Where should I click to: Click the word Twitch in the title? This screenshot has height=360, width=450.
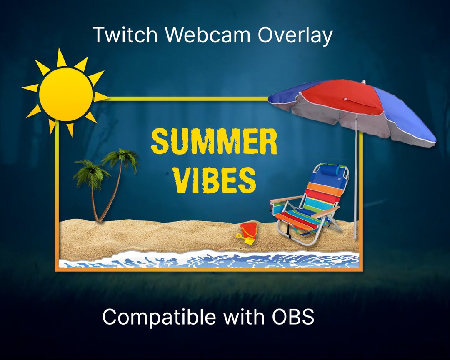coord(125,35)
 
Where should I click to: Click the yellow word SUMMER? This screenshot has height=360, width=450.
coord(214,142)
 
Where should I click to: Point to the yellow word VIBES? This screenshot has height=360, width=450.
coord(214,180)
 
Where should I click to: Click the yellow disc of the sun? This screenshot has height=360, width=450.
coord(66,95)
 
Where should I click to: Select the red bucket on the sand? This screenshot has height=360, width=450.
coord(249,230)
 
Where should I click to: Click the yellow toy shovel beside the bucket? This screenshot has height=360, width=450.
coord(246,239)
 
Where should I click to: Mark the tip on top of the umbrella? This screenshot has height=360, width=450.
coord(363,82)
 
